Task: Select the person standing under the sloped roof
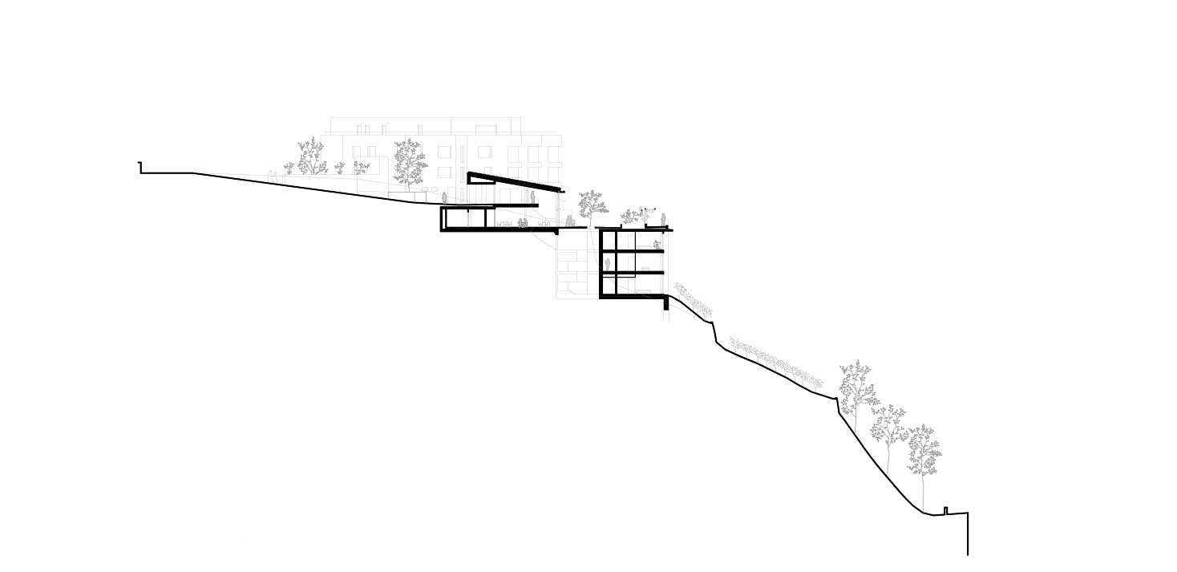click(532, 197)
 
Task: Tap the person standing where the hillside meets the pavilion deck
click(443, 197)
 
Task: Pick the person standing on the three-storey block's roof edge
click(663, 219)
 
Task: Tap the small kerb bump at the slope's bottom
click(946, 510)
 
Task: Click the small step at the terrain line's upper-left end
click(141, 167)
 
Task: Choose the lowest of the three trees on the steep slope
click(924, 454)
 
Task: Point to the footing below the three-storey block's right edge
click(665, 303)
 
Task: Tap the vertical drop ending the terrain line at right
click(968, 534)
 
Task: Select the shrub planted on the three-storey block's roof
click(630, 216)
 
